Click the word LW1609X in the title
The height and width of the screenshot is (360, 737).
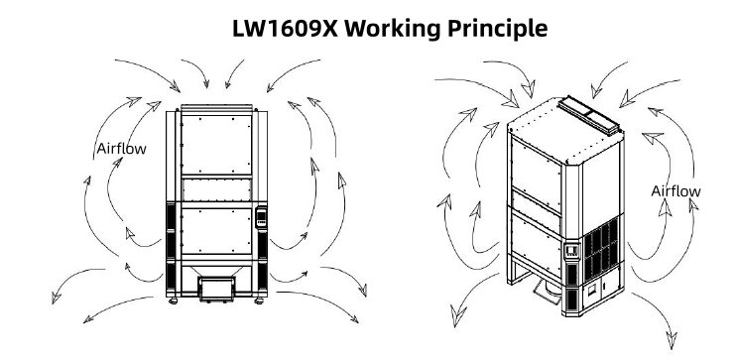coord(285,29)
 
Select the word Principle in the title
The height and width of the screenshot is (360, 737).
coord(497,30)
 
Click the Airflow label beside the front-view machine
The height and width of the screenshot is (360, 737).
coord(121,149)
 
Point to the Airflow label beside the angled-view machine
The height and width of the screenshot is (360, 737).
coord(676,191)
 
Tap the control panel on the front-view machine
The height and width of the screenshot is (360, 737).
coord(261,216)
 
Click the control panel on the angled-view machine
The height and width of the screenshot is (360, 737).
coord(571,251)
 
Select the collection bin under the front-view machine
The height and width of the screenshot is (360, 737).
coord(216,289)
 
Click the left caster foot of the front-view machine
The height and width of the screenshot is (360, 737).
coord(173,300)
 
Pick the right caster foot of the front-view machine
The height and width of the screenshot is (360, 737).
coord(259,300)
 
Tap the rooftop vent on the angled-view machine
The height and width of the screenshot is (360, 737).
coord(588,115)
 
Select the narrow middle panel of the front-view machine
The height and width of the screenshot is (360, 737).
coord(216,190)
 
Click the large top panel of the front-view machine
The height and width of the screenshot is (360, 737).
coord(216,145)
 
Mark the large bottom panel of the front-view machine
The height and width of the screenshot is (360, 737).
coord(216,231)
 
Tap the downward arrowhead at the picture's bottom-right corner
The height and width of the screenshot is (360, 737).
coord(673,340)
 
